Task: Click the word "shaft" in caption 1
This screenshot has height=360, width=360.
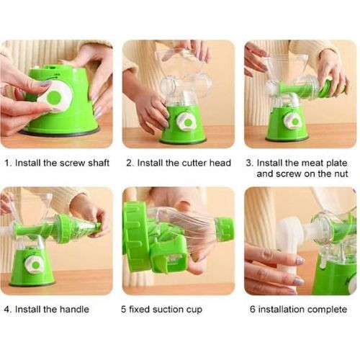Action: [x=99, y=163]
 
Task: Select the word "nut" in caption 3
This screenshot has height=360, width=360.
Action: [x=341, y=174]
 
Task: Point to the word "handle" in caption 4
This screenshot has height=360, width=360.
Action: [x=74, y=309]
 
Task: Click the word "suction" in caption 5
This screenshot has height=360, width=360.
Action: [x=167, y=309]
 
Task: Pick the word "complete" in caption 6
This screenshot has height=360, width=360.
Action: [x=327, y=310]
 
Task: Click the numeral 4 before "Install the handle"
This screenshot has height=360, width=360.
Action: [x=7, y=309]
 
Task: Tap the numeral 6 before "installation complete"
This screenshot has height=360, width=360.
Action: [x=252, y=309]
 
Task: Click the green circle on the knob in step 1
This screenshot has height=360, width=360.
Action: [x=54, y=96]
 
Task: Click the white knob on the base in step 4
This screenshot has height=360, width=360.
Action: [x=35, y=265]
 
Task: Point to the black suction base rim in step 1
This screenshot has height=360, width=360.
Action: [x=60, y=132]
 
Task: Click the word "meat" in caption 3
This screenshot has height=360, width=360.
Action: [x=312, y=163]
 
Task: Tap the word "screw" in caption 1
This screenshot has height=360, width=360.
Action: [x=72, y=163]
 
